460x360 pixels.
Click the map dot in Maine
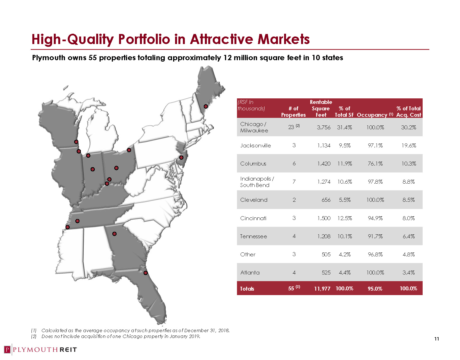(206, 106)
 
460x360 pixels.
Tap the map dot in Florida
(145, 273)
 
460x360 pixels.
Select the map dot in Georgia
(114, 234)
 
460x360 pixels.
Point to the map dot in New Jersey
(181, 157)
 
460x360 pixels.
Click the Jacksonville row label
(255, 145)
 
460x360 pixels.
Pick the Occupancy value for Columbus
(375, 164)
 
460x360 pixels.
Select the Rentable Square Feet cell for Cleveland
(326, 200)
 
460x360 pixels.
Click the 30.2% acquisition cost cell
(408, 127)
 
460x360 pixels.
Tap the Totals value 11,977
(322, 289)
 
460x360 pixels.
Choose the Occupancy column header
(372, 115)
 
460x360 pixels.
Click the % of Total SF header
(344, 112)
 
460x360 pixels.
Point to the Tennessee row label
(253, 236)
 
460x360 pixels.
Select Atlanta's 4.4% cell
(345, 273)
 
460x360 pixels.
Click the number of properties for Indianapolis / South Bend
(294, 182)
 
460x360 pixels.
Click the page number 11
(437, 339)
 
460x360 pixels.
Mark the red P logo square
(8, 350)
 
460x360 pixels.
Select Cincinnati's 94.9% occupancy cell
(375, 218)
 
